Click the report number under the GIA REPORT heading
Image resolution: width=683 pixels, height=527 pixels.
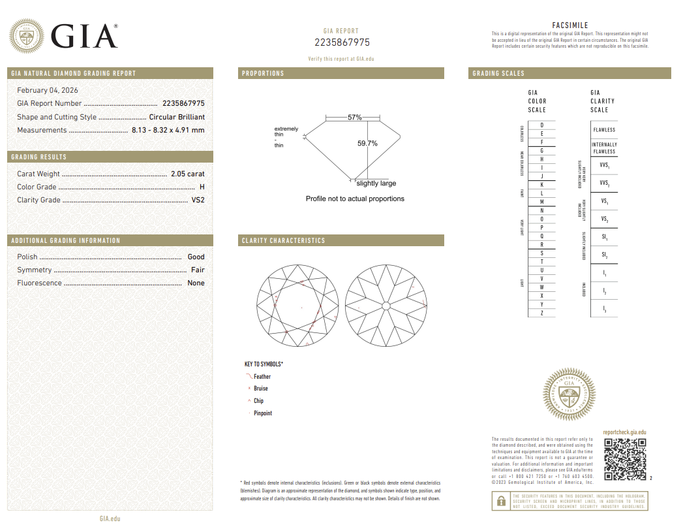tap(342, 42)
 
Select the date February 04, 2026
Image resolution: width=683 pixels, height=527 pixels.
tap(47, 90)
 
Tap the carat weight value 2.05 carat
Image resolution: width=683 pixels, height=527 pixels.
tap(187, 174)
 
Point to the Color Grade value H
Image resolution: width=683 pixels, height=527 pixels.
tap(202, 187)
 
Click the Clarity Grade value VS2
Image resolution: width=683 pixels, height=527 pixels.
tap(198, 200)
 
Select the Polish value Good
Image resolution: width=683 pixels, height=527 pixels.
tap(196, 257)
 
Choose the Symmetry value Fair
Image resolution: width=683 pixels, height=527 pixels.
tap(197, 270)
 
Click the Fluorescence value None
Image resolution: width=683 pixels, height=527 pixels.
tap(196, 283)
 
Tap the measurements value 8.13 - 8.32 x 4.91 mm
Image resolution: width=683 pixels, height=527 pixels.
tap(168, 130)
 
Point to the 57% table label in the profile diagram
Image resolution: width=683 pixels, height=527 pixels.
tap(354, 118)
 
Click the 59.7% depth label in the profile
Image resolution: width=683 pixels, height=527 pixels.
tap(367, 144)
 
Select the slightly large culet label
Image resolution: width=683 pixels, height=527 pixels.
tap(376, 184)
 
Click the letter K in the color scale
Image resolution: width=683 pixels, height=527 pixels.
tap(541, 185)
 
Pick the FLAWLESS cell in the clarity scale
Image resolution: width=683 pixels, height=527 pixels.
tap(603, 130)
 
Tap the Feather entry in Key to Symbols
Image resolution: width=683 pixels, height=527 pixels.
tap(262, 377)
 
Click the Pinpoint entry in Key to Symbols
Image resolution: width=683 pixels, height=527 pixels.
tap(262, 413)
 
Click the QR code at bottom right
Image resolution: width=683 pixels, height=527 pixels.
tap(624, 459)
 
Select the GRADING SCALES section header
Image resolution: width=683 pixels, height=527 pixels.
tap(498, 74)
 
